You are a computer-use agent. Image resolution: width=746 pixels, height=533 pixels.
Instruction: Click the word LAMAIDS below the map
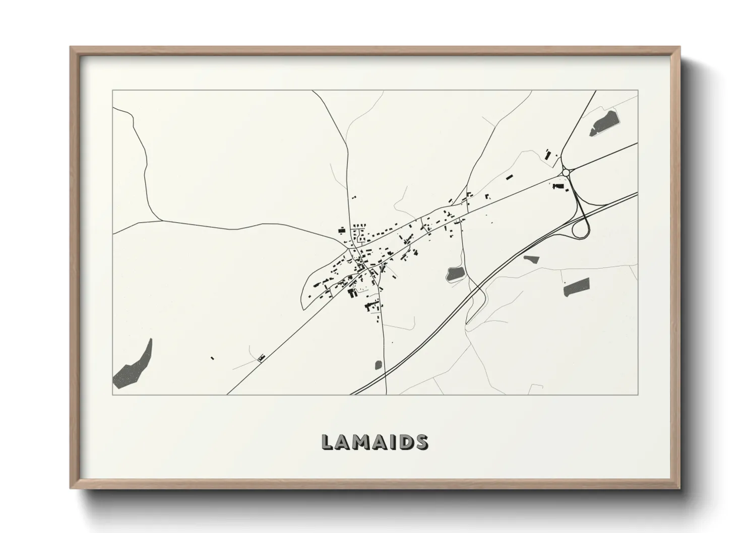coord(375,442)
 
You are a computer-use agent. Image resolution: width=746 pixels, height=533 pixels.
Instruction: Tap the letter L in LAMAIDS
coord(327,442)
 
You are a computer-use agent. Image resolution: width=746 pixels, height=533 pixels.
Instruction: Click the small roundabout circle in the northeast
coord(566,172)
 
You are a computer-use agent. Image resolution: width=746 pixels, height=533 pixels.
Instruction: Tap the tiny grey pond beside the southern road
coord(378,364)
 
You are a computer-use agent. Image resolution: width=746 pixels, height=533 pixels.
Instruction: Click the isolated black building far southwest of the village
coord(212,358)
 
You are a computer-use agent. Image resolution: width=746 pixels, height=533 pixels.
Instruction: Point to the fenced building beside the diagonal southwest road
coord(261,358)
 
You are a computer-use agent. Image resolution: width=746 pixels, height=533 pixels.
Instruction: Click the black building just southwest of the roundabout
coord(557,186)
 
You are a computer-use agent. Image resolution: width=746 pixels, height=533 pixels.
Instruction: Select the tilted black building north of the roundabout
coord(548,155)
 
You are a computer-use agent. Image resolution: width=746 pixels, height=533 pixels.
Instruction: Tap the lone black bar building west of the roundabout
coord(509,177)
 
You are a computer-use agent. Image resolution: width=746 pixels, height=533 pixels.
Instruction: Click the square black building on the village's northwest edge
coord(342,230)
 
